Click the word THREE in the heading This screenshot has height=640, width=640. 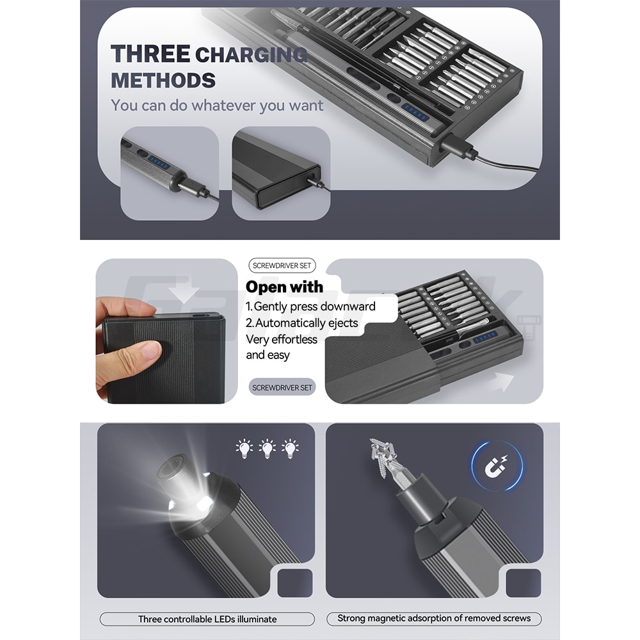click(150, 54)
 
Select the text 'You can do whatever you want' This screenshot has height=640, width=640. click(217, 105)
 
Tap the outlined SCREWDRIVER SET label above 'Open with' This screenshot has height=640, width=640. click(281, 266)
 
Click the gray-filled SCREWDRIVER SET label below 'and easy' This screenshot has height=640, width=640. click(282, 387)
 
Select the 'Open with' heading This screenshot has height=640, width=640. click(284, 287)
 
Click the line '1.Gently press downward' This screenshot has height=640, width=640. click(310, 307)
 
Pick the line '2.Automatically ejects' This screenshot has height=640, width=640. click(302, 323)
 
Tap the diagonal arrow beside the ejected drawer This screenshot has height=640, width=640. click(501, 382)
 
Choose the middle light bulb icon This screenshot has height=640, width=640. click(267, 449)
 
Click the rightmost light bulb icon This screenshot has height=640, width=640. click(291, 449)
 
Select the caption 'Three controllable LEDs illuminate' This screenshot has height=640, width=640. click(207, 619)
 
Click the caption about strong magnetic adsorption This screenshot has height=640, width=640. click(434, 618)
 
